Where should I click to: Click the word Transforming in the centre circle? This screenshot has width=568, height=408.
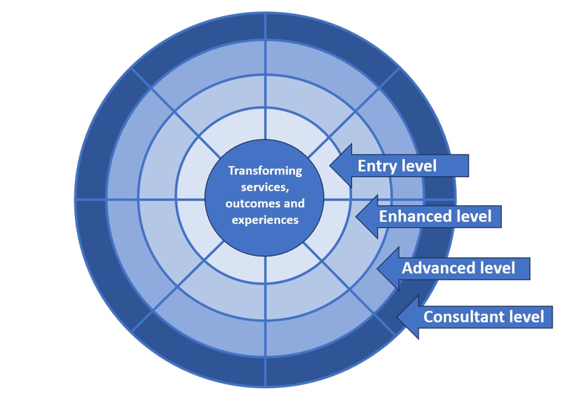tap(265, 171)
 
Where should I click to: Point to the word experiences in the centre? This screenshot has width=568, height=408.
tap(265, 220)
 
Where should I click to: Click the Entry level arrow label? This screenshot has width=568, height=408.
tap(397, 166)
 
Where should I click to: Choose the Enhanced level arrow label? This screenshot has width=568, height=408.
tap(435, 217)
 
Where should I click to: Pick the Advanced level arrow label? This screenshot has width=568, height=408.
tap(458, 268)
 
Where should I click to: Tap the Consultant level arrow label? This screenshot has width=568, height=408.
tap(483, 317)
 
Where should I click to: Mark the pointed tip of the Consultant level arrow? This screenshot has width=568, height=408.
tap(397, 317)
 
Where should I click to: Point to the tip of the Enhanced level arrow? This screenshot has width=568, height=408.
tap(356, 217)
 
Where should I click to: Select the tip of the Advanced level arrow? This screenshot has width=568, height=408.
tap(378, 268)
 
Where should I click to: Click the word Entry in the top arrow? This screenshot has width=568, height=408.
tap(377, 166)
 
